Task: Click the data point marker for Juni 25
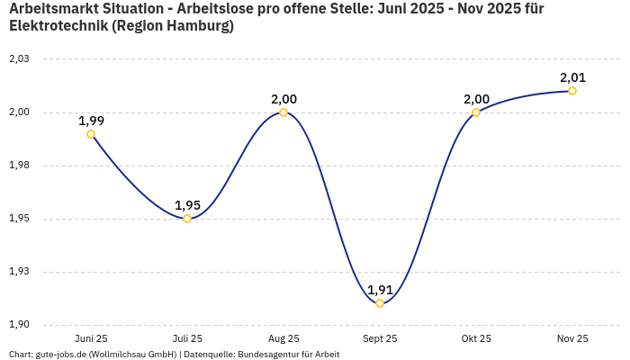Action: pyautogui.click(x=91, y=134)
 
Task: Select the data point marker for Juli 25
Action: pyautogui.click(x=187, y=219)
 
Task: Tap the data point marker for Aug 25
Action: pyautogui.click(x=283, y=112)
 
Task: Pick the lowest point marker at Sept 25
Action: pyautogui.click(x=380, y=303)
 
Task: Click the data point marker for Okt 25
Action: pyautogui.click(x=476, y=112)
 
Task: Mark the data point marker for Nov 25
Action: pyautogui.click(x=572, y=91)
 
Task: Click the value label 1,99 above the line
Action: pyautogui.click(x=91, y=121)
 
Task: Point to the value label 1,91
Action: pyautogui.click(x=380, y=290)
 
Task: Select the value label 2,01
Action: pyautogui.click(x=572, y=77)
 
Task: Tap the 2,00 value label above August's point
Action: pyautogui.click(x=283, y=99)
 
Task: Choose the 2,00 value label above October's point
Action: pyautogui.click(x=476, y=99)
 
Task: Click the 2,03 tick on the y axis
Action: pyautogui.click(x=19, y=59)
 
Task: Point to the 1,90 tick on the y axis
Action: pyautogui.click(x=19, y=325)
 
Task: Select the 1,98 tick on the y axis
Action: pyautogui.click(x=19, y=166)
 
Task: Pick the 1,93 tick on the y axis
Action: pyautogui.click(x=19, y=272)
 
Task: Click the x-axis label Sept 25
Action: pyautogui.click(x=380, y=338)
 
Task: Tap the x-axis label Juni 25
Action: pyautogui.click(x=91, y=338)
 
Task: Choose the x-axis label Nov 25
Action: pyautogui.click(x=572, y=338)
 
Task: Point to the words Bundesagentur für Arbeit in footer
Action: pyautogui.click(x=288, y=355)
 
